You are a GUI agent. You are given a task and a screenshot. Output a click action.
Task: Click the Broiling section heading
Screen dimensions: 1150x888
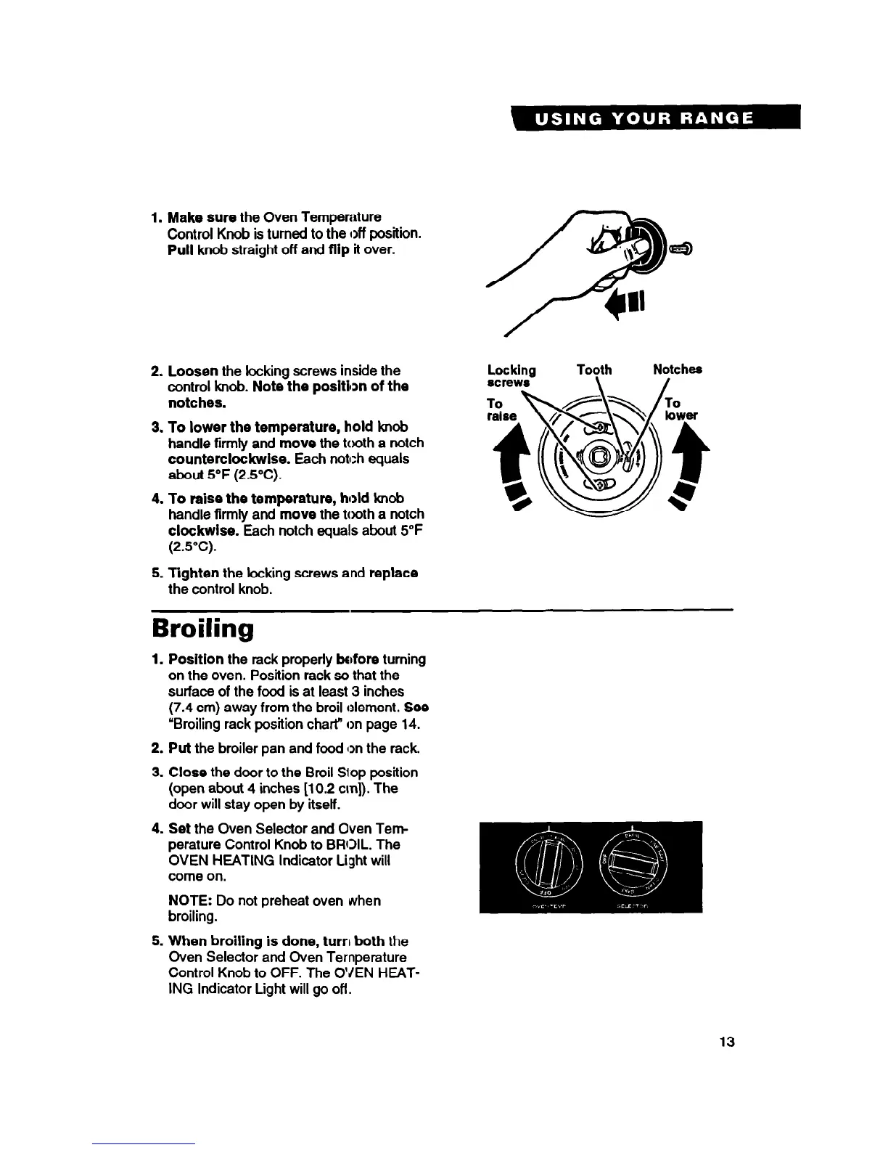tap(202, 629)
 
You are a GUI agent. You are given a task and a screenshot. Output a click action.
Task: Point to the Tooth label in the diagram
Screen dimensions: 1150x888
tap(593, 370)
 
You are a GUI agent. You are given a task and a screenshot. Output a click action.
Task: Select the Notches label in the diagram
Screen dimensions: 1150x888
tap(677, 370)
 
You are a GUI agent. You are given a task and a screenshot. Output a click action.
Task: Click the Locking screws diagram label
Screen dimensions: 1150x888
tap(511, 375)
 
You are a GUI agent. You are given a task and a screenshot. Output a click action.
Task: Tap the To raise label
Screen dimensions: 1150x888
tap(502, 409)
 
